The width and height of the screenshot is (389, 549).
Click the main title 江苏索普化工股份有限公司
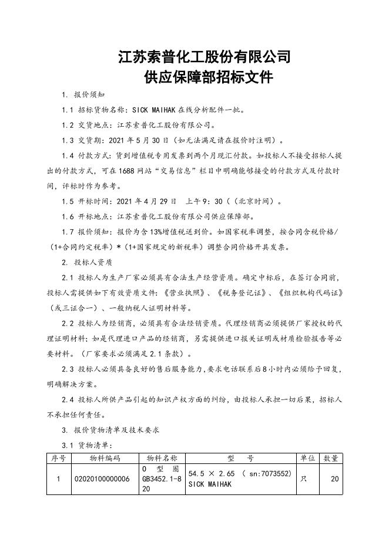[204, 57]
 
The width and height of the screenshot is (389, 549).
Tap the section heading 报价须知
[89, 95]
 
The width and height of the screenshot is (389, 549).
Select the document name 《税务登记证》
[242, 293]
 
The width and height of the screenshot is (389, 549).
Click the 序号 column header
[59, 457]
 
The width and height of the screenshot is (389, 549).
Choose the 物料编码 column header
[105, 457]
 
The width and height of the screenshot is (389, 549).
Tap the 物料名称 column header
[162, 457]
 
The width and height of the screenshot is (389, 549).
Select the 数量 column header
[331, 457]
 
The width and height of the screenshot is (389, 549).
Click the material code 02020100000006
[102, 479]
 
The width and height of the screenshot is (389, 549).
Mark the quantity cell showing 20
[334, 479]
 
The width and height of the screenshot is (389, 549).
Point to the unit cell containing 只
[304, 479]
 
